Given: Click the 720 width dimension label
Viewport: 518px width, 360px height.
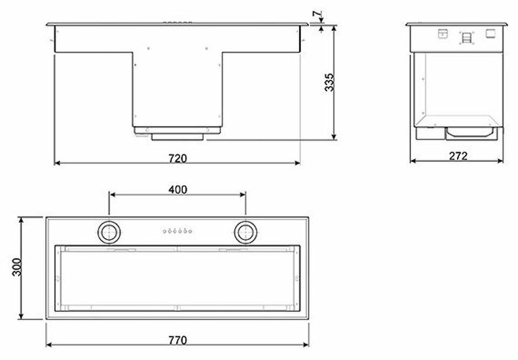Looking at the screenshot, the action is point(178,158).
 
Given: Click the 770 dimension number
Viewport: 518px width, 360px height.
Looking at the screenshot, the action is point(178,340).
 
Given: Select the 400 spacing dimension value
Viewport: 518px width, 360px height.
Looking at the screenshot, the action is point(178,190).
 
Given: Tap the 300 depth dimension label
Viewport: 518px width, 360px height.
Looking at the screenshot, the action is point(17,267).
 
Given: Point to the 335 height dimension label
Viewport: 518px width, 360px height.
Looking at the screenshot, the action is point(329,83).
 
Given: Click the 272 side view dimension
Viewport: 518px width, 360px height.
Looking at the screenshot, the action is point(458,155).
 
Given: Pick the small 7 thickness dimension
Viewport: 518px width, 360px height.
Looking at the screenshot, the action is point(317,14).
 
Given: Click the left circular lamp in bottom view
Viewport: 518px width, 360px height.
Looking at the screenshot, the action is point(108,232).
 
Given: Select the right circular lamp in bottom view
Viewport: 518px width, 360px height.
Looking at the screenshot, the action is point(246,232).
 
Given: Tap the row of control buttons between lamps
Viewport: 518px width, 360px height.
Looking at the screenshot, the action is point(178,231).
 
